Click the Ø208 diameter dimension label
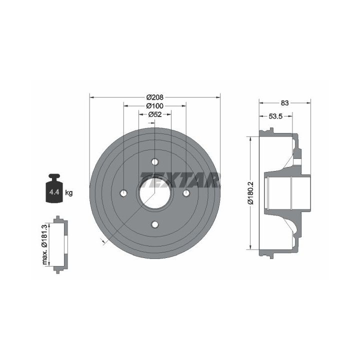[155, 97]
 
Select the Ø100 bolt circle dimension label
[155, 106]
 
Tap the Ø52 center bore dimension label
[155, 114]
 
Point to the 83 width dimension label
[284, 103]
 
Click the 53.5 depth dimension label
[275, 116]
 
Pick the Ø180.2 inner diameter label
[250, 193]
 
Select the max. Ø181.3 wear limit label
[44, 244]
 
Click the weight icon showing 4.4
[54, 188]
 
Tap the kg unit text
[69, 192]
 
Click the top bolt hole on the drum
[155, 162]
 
